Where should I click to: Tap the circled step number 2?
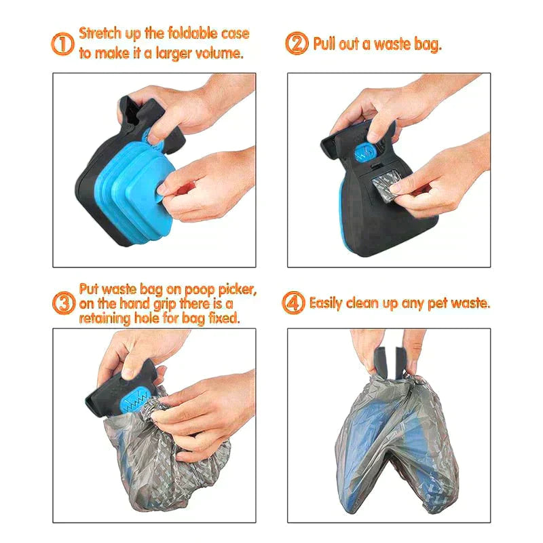pos(297,44)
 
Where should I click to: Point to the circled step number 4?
pos(294,303)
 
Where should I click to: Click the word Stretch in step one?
pos(100,33)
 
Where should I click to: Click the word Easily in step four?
pos(331,303)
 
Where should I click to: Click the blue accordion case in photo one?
pos(132,176)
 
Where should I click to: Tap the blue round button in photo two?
pos(372,152)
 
